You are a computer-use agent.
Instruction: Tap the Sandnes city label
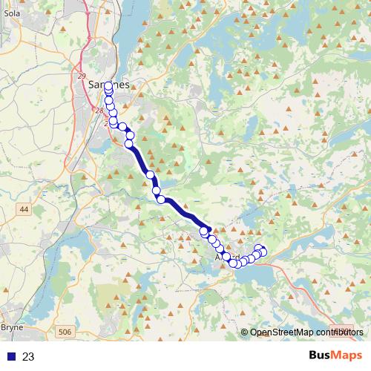[108, 85]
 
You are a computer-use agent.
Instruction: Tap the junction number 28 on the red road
[99, 111]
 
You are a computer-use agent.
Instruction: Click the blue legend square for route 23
[10, 357]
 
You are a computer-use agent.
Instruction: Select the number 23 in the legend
[28, 357]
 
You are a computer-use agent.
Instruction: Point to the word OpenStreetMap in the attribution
[282, 332]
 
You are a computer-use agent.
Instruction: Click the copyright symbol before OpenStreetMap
[245, 332]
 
